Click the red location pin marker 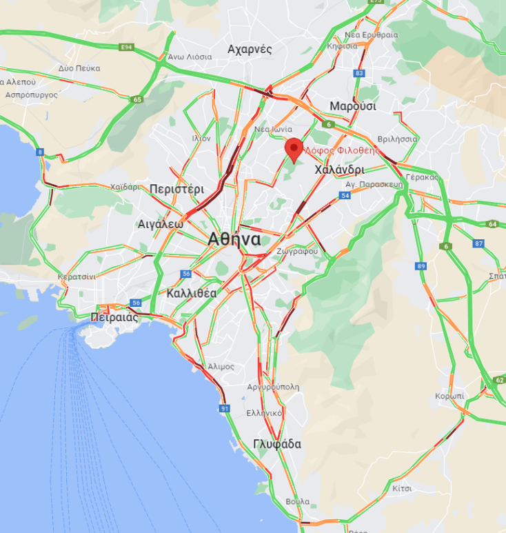(294, 148)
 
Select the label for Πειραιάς (114, 317)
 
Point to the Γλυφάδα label (277, 444)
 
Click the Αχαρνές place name (250, 49)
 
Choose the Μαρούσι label (352, 106)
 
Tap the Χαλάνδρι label (339, 170)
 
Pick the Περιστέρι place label (177, 188)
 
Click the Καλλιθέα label (192, 293)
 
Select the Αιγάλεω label (161, 224)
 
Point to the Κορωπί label (449, 396)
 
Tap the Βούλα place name (297, 501)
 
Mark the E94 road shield (125, 48)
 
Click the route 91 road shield (225, 409)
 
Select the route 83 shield (358, 73)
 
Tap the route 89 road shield (421, 266)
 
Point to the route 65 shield (137, 100)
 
